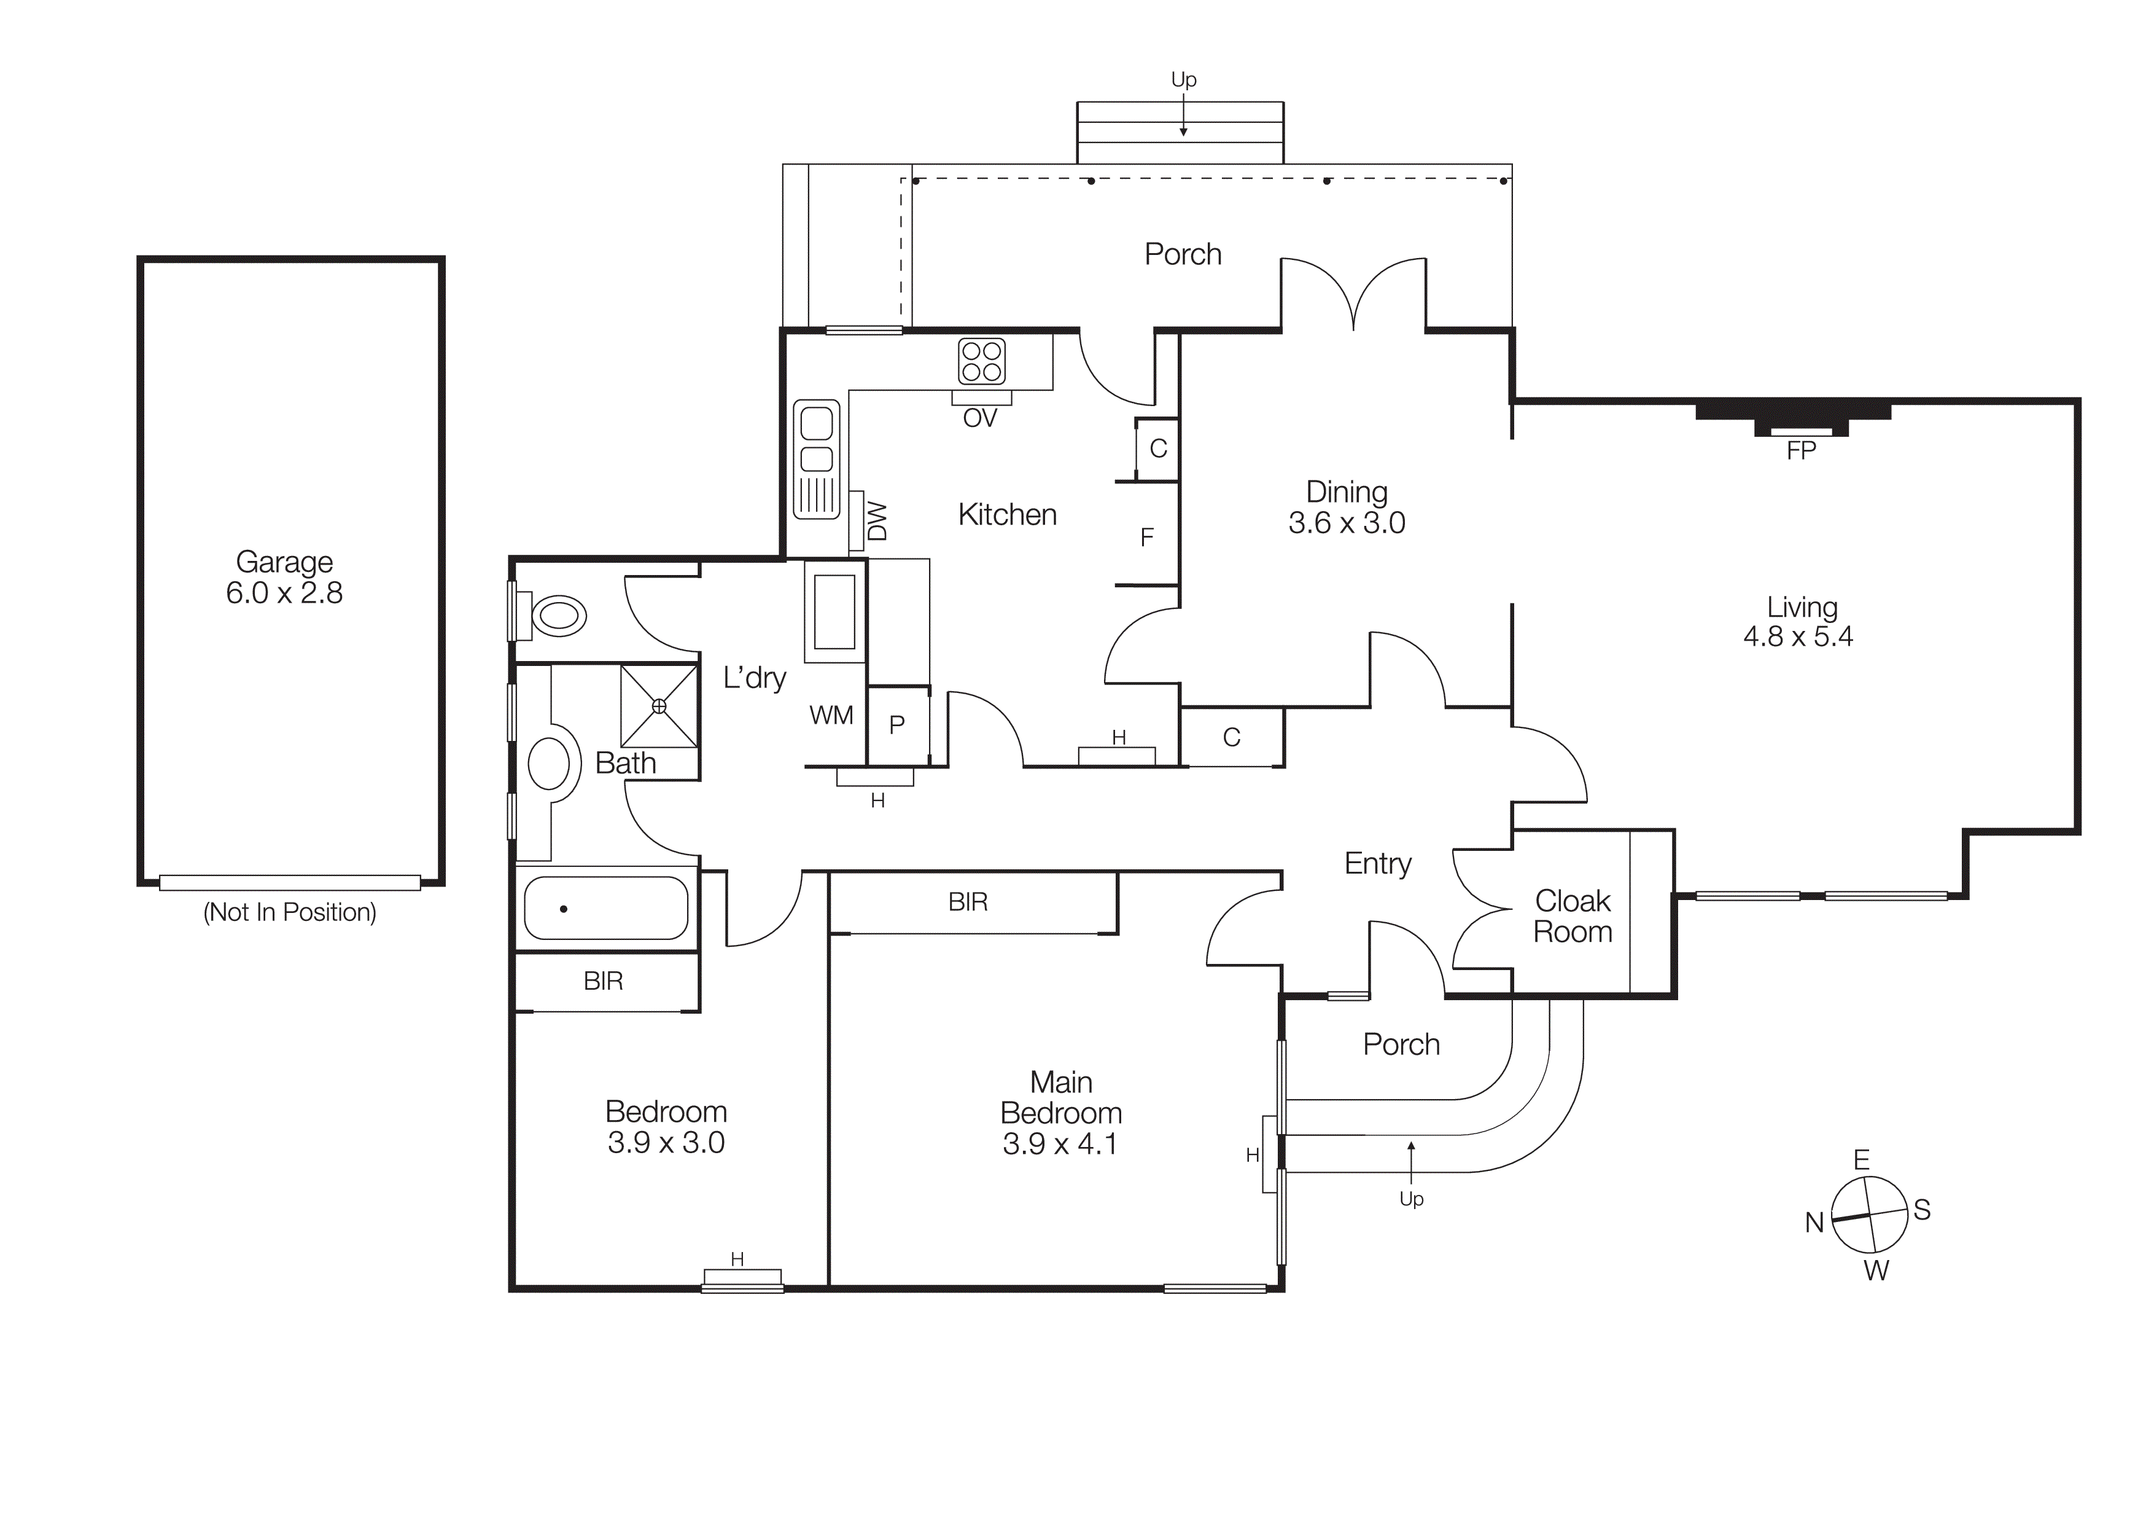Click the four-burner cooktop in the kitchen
point(981,361)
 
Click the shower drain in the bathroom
point(659,706)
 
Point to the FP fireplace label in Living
point(1800,452)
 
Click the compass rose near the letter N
point(1869,1215)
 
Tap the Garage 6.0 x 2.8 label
point(284,577)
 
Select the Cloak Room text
point(1573,916)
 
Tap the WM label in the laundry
point(831,715)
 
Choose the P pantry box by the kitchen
point(897,724)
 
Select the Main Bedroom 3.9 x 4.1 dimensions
point(1060,1144)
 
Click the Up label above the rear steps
point(1183,80)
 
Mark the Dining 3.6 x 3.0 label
point(1346,507)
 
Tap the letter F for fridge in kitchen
point(1146,538)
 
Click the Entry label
point(1377,863)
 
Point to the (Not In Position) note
point(290,912)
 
